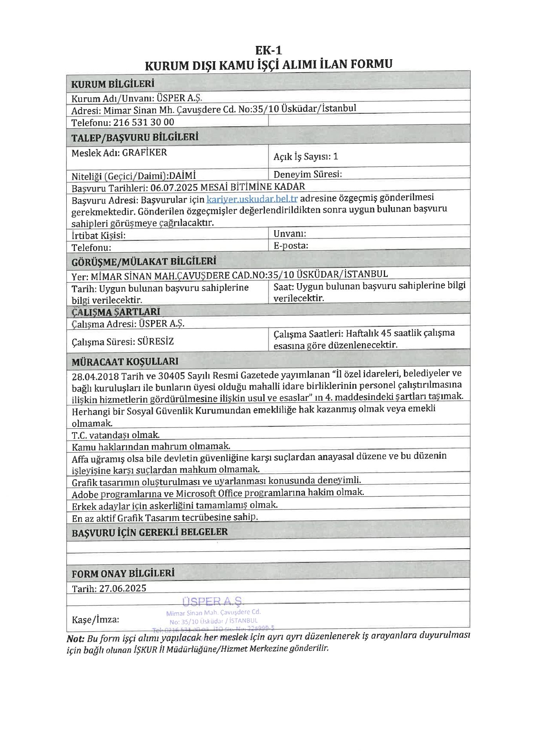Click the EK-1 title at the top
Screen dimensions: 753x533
[x=268, y=51]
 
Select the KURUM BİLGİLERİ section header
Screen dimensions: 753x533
[x=113, y=84]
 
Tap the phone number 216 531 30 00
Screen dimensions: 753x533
[x=144, y=122]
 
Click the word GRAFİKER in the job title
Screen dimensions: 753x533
[x=144, y=153]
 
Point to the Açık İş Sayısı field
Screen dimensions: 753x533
[x=305, y=157]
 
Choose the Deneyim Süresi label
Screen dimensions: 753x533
[x=307, y=174]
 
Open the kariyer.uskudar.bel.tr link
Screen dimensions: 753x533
[x=252, y=199]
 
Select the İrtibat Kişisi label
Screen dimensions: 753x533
[x=99, y=235]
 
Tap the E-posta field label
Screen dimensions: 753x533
[x=290, y=246]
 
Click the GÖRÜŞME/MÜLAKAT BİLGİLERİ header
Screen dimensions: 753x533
[x=144, y=262]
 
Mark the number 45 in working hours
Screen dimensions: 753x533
[x=386, y=333]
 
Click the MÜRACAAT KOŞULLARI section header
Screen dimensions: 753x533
[x=125, y=362]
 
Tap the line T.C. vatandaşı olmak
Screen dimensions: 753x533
[x=115, y=435]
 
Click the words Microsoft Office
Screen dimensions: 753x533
[x=208, y=493]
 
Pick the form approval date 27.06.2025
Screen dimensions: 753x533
[x=122, y=588]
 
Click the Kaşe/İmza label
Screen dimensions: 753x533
[x=95, y=620]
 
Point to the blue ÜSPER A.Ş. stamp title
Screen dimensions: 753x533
[x=213, y=601]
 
